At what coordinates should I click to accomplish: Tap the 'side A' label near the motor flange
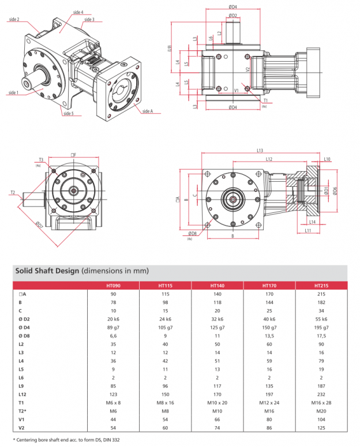(x=147, y=111)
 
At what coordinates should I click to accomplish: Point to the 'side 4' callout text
(x=78, y=12)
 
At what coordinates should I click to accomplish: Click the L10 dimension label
(x=327, y=159)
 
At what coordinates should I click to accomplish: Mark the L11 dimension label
(x=309, y=230)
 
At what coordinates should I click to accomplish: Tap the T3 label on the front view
(x=41, y=160)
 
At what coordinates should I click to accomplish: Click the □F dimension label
(x=73, y=155)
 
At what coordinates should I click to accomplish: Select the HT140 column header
(x=217, y=285)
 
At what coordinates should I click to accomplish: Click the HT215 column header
(x=321, y=285)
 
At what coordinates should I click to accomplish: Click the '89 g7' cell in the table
(x=113, y=327)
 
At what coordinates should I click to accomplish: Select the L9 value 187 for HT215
(x=321, y=384)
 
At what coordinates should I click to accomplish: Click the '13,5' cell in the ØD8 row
(x=269, y=335)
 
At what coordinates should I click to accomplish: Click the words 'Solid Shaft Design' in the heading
(x=47, y=270)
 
